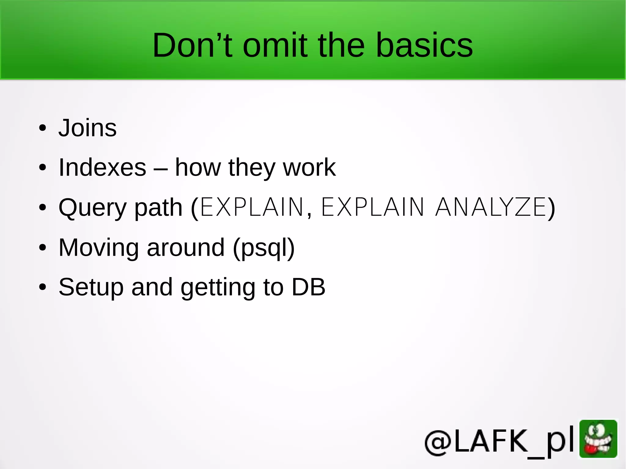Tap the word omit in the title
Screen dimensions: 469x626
tap(275, 45)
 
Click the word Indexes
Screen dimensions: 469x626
tap(102, 167)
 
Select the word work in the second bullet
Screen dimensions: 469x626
tap(309, 167)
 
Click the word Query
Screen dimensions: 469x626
tap(92, 208)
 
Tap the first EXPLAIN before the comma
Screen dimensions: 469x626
tap(252, 207)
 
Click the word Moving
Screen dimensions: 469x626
tap(99, 247)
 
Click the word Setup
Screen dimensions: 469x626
tap(91, 287)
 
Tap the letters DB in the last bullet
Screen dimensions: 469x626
tap(308, 287)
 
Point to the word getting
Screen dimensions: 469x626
tap(218, 288)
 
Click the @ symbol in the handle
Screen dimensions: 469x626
tap(438, 442)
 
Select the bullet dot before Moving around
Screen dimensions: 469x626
tap(42, 247)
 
